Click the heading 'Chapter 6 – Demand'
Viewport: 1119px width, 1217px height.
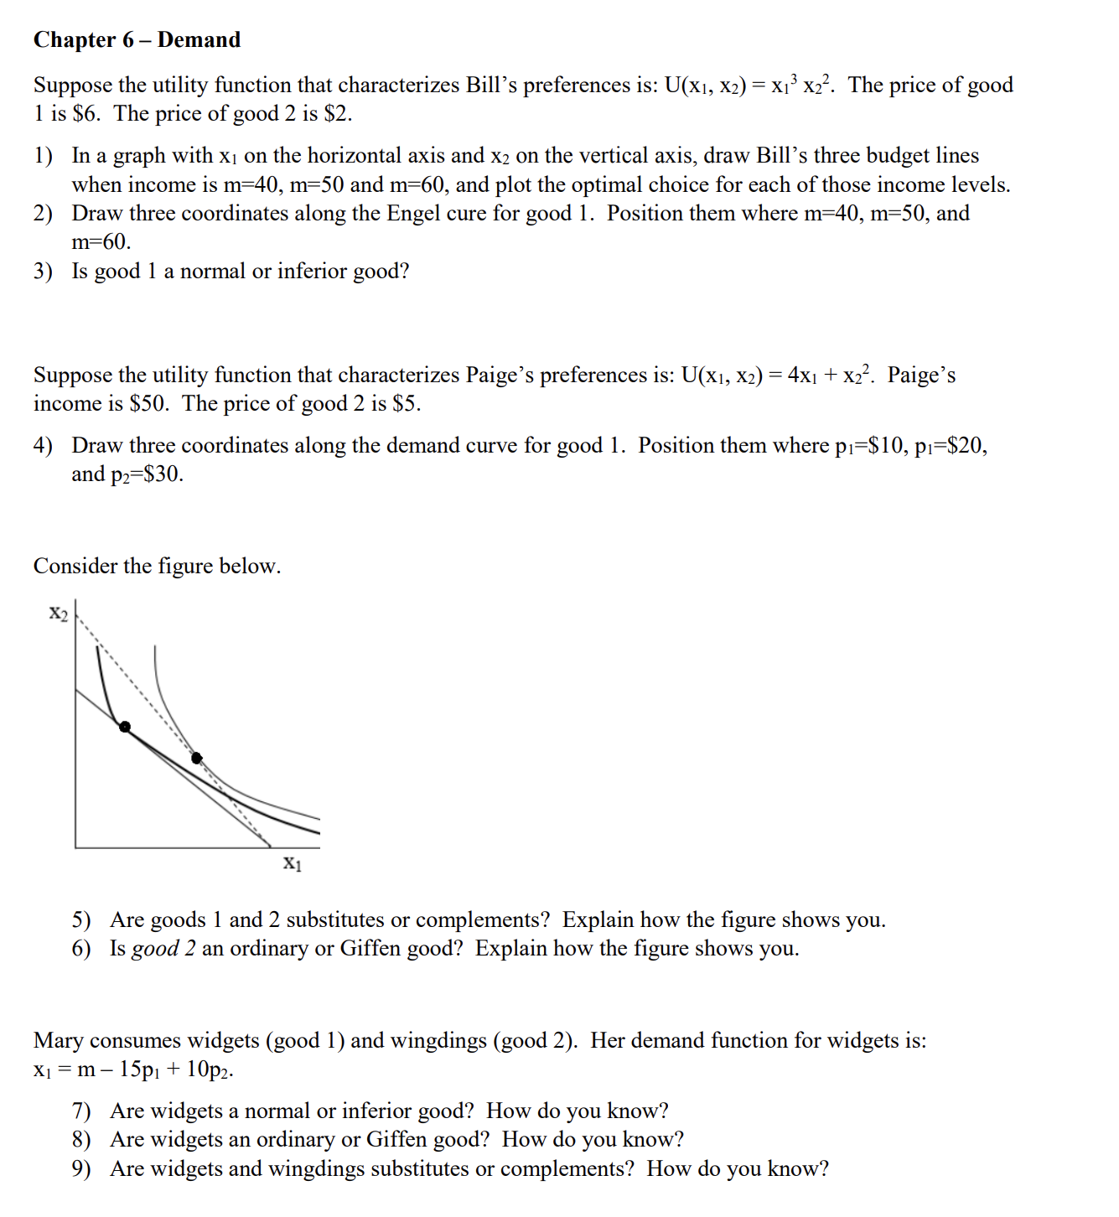pos(137,39)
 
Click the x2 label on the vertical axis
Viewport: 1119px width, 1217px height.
pos(58,614)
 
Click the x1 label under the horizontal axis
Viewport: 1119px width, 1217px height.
pos(292,862)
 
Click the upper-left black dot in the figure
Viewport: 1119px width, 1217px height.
pos(125,727)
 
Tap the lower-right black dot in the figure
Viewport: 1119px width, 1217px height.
pos(197,758)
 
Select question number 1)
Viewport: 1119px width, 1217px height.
pos(43,156)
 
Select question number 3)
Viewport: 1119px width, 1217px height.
pos(43,272)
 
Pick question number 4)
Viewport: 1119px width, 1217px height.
pos(43,446)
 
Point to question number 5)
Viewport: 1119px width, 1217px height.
pos(81,920)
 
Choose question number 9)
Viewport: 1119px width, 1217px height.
pos(81,1169)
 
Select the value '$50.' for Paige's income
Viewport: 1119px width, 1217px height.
pos(149,404)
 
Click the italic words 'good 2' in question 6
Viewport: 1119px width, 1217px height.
pos(163,949)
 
